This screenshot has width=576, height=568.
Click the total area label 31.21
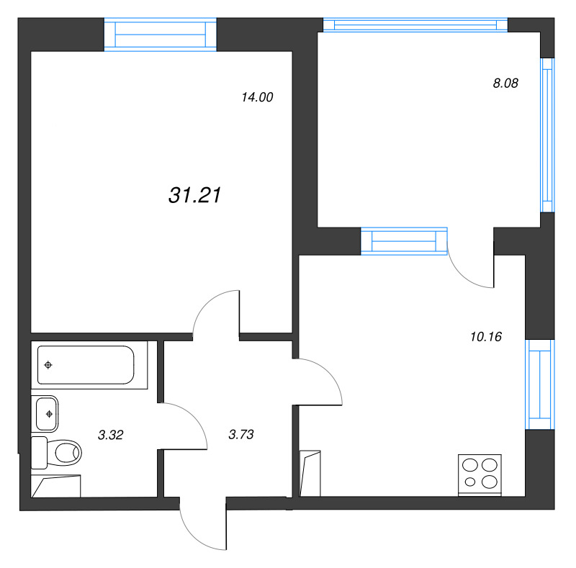click(194, 195)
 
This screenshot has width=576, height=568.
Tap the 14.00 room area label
click(257, 97)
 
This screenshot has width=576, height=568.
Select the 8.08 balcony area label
click(505, 84)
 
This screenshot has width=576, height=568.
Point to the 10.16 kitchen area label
click(486, 336)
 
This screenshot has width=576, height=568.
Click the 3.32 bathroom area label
click(111, 435)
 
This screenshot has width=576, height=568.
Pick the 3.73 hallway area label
click(241, 435)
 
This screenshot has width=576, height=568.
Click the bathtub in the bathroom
click(86, 365)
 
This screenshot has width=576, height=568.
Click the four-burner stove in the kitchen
click(480, 475)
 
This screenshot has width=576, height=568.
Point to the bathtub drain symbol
click(48, 365)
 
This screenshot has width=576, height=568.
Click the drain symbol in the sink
click(49, 414)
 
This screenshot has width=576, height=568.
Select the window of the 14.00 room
click(161, 35)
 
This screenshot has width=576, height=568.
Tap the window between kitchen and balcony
click(404, 241)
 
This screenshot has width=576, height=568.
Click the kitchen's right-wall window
click(539, 384)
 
